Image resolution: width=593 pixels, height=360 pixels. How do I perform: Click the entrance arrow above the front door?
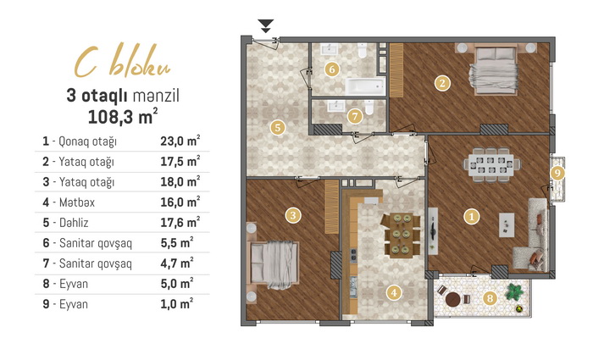click(266, 25)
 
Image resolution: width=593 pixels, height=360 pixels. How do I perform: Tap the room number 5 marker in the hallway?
click(278, 127)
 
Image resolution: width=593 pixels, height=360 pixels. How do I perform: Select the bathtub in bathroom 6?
click(365, 86)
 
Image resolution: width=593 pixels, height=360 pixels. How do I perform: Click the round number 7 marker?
click(355, 116)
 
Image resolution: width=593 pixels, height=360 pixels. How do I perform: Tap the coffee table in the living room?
click(507, 224)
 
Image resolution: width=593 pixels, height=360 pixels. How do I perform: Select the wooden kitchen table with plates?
click(402, 235)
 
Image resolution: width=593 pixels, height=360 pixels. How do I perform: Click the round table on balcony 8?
click(452, 300)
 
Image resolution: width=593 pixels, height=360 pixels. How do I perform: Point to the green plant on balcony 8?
click(514, 291)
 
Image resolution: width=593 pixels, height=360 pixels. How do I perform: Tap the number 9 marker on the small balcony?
click(557, 173)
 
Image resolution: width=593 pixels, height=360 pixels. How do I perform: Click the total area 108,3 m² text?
click(123, 116)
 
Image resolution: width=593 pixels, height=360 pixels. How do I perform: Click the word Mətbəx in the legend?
click(77, 202)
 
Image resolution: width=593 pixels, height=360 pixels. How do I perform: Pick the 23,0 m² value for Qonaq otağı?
click(180, 141)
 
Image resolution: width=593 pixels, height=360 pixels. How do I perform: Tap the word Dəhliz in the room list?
click(74, 222)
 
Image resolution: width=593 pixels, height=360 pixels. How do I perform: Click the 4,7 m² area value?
click(177, 263)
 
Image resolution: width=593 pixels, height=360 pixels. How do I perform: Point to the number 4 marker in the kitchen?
click(394, 292)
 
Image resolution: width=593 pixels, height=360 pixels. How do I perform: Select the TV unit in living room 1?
click(434, 230)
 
